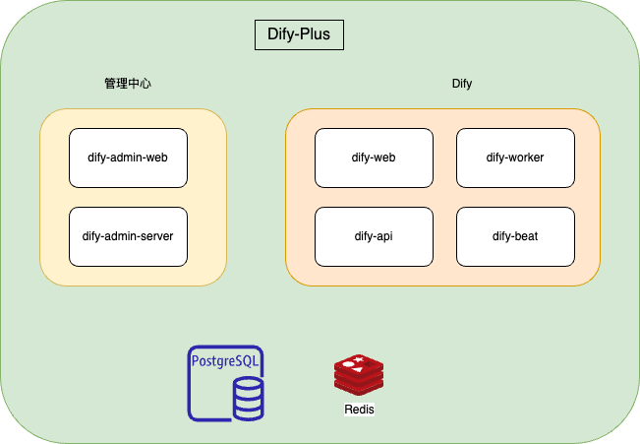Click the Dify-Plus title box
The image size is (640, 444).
tap(300, 34)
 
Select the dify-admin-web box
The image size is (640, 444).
tap(128, 158)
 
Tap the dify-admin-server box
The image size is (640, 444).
tap(128, 236)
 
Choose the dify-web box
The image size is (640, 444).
tap(374, 158)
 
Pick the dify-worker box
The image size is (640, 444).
tap(515, 158)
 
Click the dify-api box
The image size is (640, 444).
tap(374, 236)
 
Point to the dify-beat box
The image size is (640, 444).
tap(515, 236)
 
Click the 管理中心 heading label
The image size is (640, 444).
tap(128, 84)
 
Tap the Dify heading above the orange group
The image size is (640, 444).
tap(462, 84)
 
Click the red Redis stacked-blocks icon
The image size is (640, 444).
tap(359, 375)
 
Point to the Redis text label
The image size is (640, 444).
tap(359, 409)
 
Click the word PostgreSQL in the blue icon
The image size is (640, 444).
tap(227, 361)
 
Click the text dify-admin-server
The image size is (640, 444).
tap(128, 236)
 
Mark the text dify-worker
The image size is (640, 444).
tap(515, 158)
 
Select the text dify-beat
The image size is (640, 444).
tap(515, 236)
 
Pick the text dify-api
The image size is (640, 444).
tap(374, 236)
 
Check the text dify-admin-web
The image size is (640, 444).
tap(128, 158)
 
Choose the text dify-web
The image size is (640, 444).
tap(374, 158)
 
